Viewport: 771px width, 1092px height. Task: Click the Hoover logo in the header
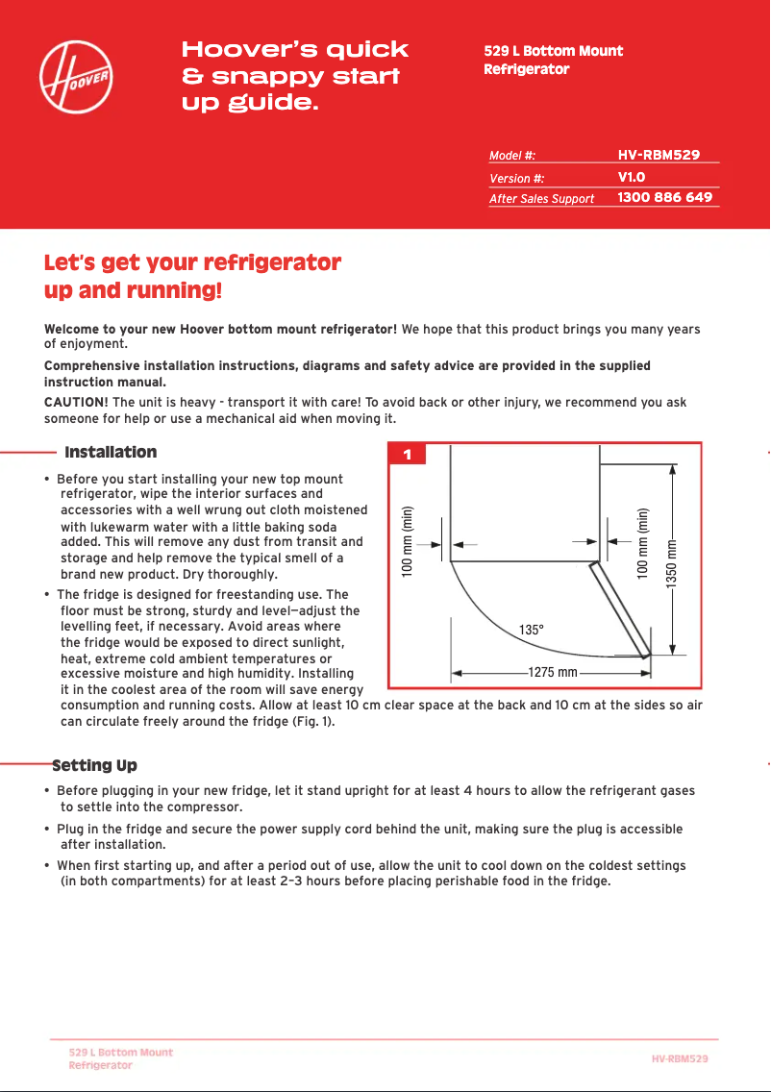coord(80,75)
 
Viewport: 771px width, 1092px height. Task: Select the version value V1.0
coord(631,177)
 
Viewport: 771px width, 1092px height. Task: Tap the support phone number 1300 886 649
coord(664,197)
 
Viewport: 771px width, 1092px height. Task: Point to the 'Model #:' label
coord(511,155)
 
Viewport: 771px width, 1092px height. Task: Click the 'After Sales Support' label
coord(541,199)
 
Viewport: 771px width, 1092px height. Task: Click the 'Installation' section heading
coord(111,452)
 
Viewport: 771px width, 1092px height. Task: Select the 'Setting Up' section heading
coord(94,766)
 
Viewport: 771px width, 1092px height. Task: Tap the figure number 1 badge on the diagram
coord(408,455)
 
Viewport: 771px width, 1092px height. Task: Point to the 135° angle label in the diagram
coord(532,630)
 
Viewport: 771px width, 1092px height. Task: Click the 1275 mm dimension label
coord(553,672)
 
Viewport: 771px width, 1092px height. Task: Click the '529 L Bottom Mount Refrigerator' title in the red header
coord(553,60)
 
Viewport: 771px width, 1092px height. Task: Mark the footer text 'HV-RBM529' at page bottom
coord(680,1058)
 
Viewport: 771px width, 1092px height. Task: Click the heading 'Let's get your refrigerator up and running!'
coord(192,276)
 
